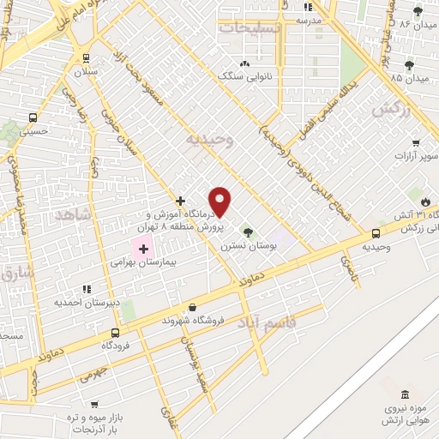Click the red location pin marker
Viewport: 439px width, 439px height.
(220, 202)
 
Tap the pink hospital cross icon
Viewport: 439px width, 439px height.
(142, 248)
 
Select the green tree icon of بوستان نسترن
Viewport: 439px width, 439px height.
(247, 232)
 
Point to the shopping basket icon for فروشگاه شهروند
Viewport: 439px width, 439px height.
(192, 308)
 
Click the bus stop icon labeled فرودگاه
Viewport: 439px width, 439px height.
(115, 333)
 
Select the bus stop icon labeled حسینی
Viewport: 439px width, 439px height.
(33, 117)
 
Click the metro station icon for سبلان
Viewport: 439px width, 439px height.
(85, 58)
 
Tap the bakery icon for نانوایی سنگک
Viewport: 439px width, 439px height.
(245, 63)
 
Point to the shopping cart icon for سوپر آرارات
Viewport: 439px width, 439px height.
(416, 143)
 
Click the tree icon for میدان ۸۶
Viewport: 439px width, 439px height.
(418, 11)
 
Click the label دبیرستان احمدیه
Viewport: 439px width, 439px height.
(85, 302)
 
